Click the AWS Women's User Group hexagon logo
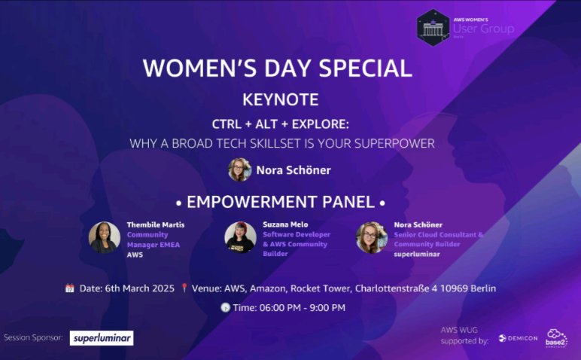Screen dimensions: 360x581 click(x=433, y=28)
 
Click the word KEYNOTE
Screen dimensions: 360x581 click(x=280, y=99)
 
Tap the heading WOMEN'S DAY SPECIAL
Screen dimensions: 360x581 click(x=277, y=68)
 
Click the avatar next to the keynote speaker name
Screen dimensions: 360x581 click(x=239, y=169)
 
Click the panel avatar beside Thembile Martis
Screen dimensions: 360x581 click(x=104, y=237)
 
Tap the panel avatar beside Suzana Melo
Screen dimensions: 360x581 click(x=240, y=237)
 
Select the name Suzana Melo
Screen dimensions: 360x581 click(x=286, y=224)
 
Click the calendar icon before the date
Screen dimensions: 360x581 click(x=69, y=288)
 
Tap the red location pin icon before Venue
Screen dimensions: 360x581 click(x=184, y=288)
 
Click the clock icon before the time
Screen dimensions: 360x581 click(x=224, y=307)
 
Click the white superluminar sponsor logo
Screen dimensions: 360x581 click(x=102, y=338)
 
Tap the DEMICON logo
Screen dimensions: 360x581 click(x=516, y=339)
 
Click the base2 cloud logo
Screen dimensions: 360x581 click(x=557, y=337)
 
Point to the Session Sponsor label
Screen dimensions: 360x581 click(x=33, y=338)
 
